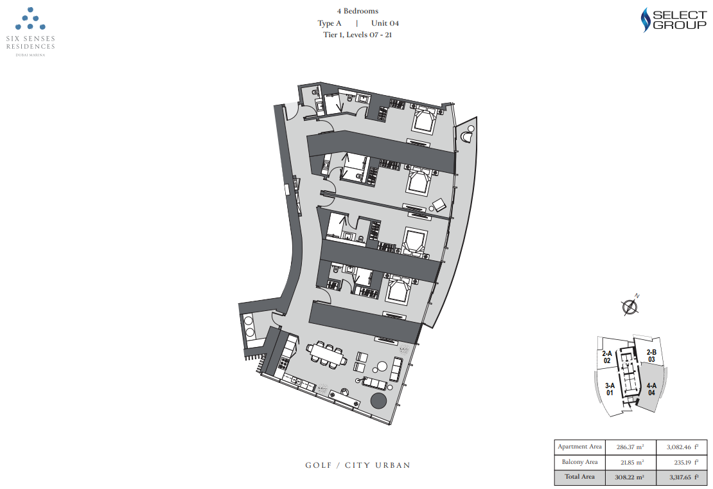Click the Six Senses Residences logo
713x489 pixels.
tap(30, 32)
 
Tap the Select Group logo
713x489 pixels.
tap(673, 20)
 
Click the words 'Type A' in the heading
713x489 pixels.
tap(330, 23)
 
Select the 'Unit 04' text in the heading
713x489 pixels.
tap(385, 23)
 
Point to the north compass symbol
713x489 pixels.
tap(630, 306)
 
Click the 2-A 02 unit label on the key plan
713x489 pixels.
tap(607, 357)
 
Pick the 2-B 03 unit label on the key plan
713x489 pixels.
tap(651, 356)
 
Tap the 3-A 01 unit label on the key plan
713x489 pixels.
tap(610, 389)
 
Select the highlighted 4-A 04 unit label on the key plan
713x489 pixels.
tap(651, 389)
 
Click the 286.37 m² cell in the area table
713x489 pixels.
tap(629, 447)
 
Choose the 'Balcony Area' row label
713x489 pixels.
tap(580, 462)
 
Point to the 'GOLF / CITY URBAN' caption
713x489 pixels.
tap(358, 465)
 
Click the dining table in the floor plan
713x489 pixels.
tap(326, 353)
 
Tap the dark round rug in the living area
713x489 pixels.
tap(378, 401)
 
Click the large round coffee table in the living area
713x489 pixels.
tap(382, 367)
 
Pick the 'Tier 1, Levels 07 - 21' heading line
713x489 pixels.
tap(357, 35)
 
